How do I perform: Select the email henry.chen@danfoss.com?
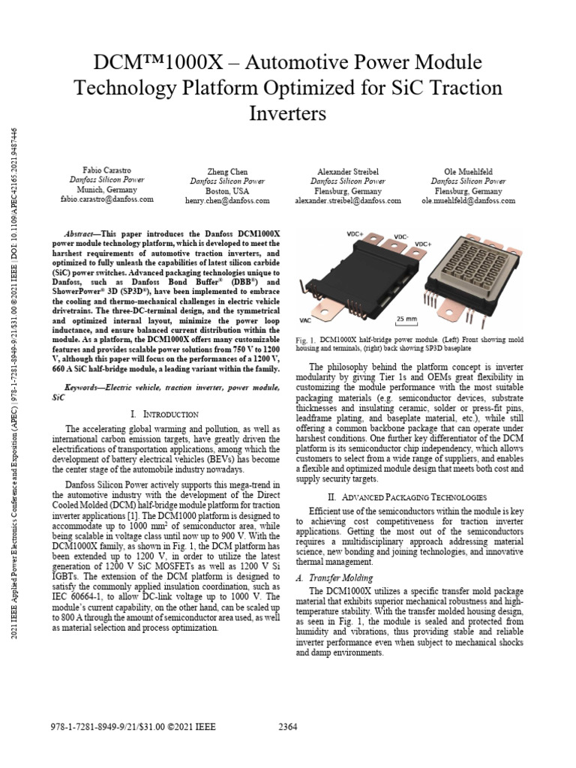(x=226, y=201)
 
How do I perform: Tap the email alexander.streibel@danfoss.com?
(x=348, y=201)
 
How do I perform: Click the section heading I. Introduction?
(x=163, y=413)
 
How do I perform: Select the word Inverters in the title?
(x=288, y=114)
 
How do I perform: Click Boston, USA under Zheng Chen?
(x=226, y=191)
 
